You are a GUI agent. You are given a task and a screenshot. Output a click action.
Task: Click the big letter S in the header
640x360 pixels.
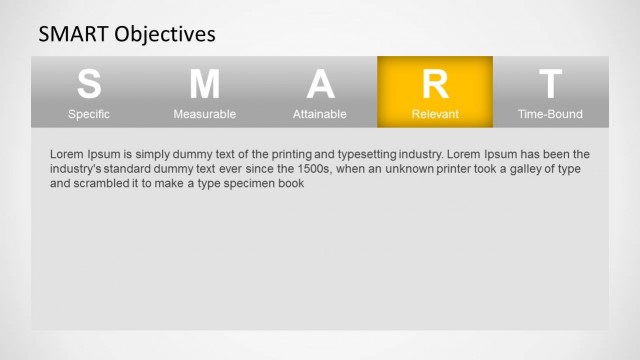pyautogui.click(x=89, y=84)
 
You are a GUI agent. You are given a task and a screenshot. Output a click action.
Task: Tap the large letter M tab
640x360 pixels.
pyautogui.click(x=204, y=84)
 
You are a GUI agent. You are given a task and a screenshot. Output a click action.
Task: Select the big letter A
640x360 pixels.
pyautogui.click(x=320, y=84)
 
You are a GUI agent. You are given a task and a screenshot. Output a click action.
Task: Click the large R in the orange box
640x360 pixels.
pyautogui.click(x=435, y=84)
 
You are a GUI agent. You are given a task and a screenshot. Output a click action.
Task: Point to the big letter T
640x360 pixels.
pyautogui.click(x=550, y=84)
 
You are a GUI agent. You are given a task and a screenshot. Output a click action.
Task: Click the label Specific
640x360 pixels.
pyautogui.click(x=89, y=114)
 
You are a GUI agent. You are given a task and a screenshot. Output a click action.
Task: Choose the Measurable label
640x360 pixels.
pyautogui.click(x=204, y=114)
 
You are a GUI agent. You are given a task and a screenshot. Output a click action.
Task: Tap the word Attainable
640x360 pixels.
pyautogui.click(x=320, y=114)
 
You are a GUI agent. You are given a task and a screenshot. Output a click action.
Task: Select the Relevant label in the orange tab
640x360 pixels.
pyautogui.click(x=435, y=114)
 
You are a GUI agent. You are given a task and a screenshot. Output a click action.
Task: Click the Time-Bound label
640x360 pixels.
pyautogui.click(x=550, y=114)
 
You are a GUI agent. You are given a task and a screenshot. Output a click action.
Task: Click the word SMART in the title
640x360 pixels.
pyautogui.click(x=73, y=35)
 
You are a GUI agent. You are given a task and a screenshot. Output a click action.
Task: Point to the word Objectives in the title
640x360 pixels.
pyautogui.click(x=165, y=35)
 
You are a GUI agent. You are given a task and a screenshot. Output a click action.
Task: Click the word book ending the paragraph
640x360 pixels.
pyautogui.click(x=290, y=184)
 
